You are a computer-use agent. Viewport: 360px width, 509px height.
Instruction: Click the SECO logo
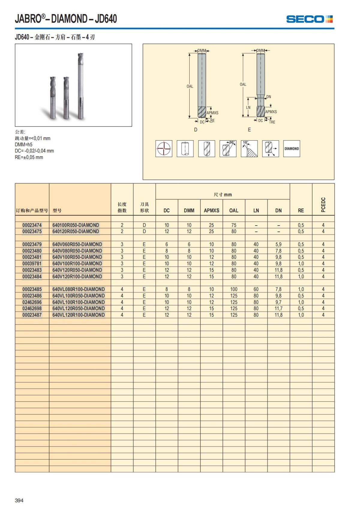point(309,19)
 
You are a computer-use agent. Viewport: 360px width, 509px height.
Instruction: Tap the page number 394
point(19,500)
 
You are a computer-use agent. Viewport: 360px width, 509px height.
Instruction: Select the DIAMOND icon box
point(292,148)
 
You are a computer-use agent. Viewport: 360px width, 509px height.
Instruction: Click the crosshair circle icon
point(164,148)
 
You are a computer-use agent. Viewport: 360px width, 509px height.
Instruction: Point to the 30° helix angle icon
point(228,148)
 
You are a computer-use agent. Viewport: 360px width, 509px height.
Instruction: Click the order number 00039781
point(32,264)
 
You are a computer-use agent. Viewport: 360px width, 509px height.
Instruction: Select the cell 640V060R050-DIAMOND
point(77,244)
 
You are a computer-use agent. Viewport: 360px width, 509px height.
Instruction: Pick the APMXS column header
point(211,211)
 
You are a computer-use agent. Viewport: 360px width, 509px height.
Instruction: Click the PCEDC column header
point(323,205)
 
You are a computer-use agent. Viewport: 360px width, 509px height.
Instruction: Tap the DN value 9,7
point(278,302)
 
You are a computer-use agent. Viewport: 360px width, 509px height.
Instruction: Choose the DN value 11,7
point(278,309)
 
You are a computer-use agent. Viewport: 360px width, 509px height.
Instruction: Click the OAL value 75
point(234,225)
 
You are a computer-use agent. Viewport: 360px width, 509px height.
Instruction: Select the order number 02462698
point(32,309)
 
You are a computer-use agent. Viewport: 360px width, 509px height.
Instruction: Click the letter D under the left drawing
point(196,130)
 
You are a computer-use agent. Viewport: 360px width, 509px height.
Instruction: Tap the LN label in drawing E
point(248,107)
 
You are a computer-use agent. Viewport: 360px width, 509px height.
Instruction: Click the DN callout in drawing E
point(268,97)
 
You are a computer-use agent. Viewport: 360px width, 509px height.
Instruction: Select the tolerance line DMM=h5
point(24,145)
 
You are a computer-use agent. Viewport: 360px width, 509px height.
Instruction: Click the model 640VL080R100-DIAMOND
point(79,289)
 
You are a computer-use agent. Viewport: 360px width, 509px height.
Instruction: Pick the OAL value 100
point(234,289)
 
